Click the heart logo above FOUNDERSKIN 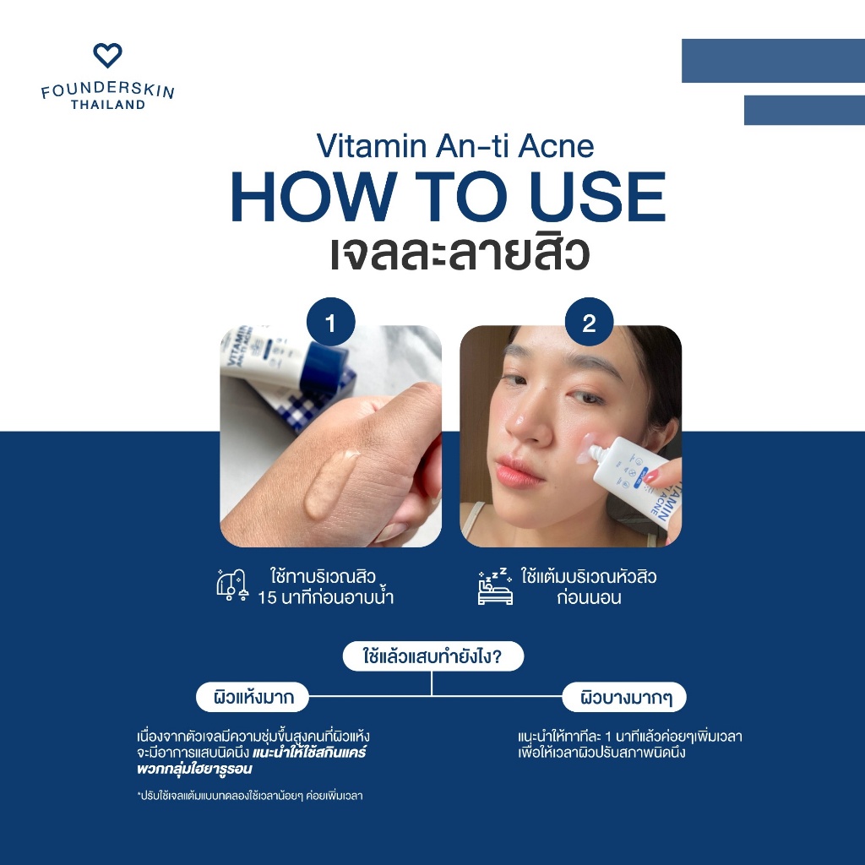pos(107,55)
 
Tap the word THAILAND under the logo pos(108,105)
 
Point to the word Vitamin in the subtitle pos(372,146)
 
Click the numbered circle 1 pos(330,322)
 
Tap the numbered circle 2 pos(589,322)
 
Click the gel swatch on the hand pos(331,482)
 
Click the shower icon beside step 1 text pos(232,585)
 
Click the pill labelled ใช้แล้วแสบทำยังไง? pos(433,656)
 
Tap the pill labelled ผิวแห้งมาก pos(253,697)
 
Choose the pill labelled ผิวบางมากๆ pos(624,697)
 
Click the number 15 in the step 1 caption pos(267,598)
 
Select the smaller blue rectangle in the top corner pos(804,111)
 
